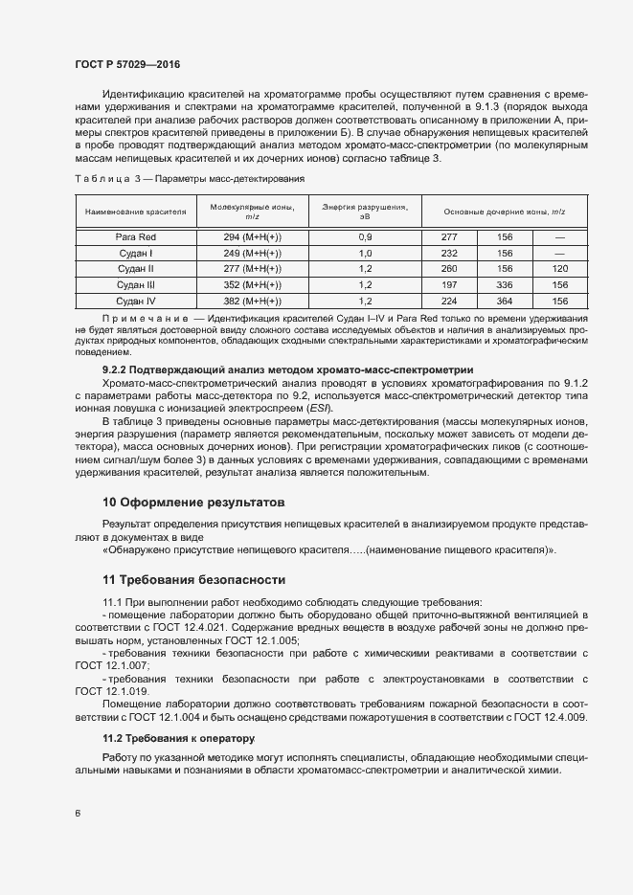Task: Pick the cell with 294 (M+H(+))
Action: tap(253, 236)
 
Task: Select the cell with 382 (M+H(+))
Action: tap(253, 302)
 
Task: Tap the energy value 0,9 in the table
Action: tap(365, 236)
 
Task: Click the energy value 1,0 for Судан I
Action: tap(365, 253)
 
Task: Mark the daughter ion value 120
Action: tap(560, 269)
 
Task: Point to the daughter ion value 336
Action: tap(505, 285)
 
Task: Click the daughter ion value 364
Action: tap(505, 302)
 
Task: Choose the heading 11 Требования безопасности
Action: tap(194, 579)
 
